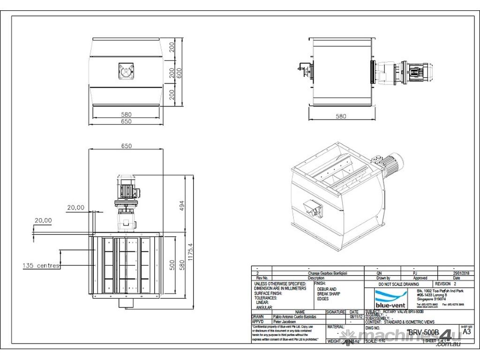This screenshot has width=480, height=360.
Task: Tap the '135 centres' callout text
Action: coord(41,266)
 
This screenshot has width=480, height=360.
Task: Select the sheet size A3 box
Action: coord(466,332)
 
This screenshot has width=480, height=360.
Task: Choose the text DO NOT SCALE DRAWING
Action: coord(398,284)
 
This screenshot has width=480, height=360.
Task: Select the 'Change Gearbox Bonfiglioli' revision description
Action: coord(328,272)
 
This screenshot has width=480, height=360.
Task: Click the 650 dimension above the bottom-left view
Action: coord(126,146)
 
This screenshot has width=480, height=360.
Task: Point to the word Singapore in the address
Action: coord(425,298)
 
